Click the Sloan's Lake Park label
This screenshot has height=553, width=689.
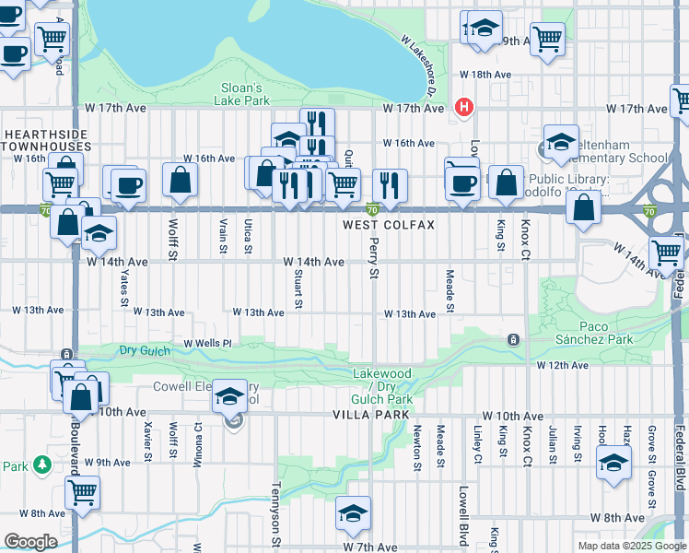click(x=243, y=94)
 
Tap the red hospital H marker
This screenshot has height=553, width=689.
click(x=464, y=107)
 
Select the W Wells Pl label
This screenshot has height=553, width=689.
click(x=206, y=343)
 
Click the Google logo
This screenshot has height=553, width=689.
click(x=30, y=542)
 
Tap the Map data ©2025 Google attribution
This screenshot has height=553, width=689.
click(x=632, y=546)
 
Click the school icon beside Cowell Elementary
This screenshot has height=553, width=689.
click(x=229, y=397)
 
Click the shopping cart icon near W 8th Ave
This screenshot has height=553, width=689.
click(x=82, y=492)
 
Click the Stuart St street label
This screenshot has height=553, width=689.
click(x=298, y=287)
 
